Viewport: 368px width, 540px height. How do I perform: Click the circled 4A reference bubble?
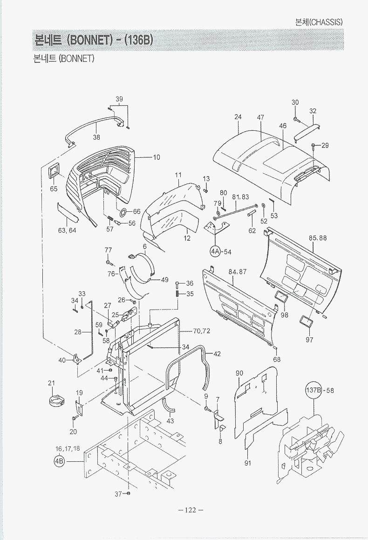(x=215, y=252)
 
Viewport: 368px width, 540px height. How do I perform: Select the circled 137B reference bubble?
(x=314, y=390)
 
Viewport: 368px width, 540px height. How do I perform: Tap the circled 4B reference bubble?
(x=59, y=461)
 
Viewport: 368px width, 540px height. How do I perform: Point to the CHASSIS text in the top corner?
(x=326, y=22)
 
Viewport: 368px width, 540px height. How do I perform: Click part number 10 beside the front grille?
(x=157, y=157)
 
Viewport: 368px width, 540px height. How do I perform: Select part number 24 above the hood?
(x=238, y=117)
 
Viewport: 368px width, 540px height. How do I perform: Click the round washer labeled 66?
(x=123, y=213)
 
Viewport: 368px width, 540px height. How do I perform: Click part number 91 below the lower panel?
(x=248, y=463)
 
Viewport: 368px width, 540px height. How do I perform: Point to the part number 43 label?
(x=170, y=421)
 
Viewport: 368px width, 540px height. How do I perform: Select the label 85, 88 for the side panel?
(x=318, y=238)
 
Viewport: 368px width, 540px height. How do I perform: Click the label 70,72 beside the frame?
(x=201, y=331)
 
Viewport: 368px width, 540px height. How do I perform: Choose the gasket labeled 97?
(x=306, y=321)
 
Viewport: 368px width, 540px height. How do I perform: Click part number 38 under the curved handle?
(x=96, y=137)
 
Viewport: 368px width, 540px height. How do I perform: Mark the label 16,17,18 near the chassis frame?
(x=68, y=448)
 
